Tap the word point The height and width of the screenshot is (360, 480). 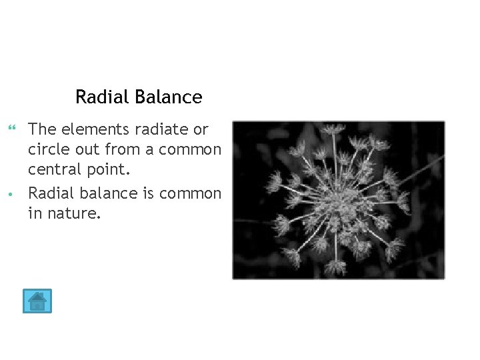[x=105, y=172]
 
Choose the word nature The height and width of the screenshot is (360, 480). [x=73, y=215]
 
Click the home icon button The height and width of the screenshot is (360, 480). [x=37, y=301]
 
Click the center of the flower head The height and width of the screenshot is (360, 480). [x=339, y=200]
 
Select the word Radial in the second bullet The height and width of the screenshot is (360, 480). [x=49, y=193]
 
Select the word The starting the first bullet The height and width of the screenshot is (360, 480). [x=42, y=129]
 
